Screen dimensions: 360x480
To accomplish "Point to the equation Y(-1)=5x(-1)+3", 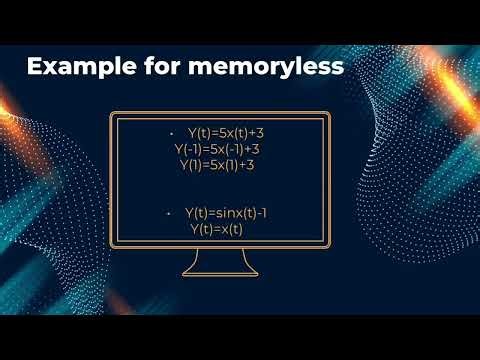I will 217,149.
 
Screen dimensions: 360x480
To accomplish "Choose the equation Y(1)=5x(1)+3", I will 217,165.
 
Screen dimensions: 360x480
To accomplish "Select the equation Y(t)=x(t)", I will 217,229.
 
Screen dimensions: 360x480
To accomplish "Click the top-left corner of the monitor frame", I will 111,114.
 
